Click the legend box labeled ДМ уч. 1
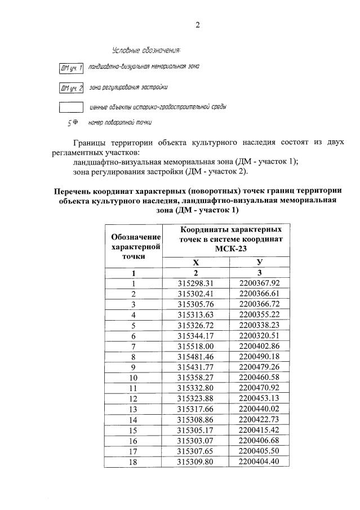tap(72, 69)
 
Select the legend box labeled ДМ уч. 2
tap(72, 88)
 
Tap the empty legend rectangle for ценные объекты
tap(72, 107)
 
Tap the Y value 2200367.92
tap(260, 283)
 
